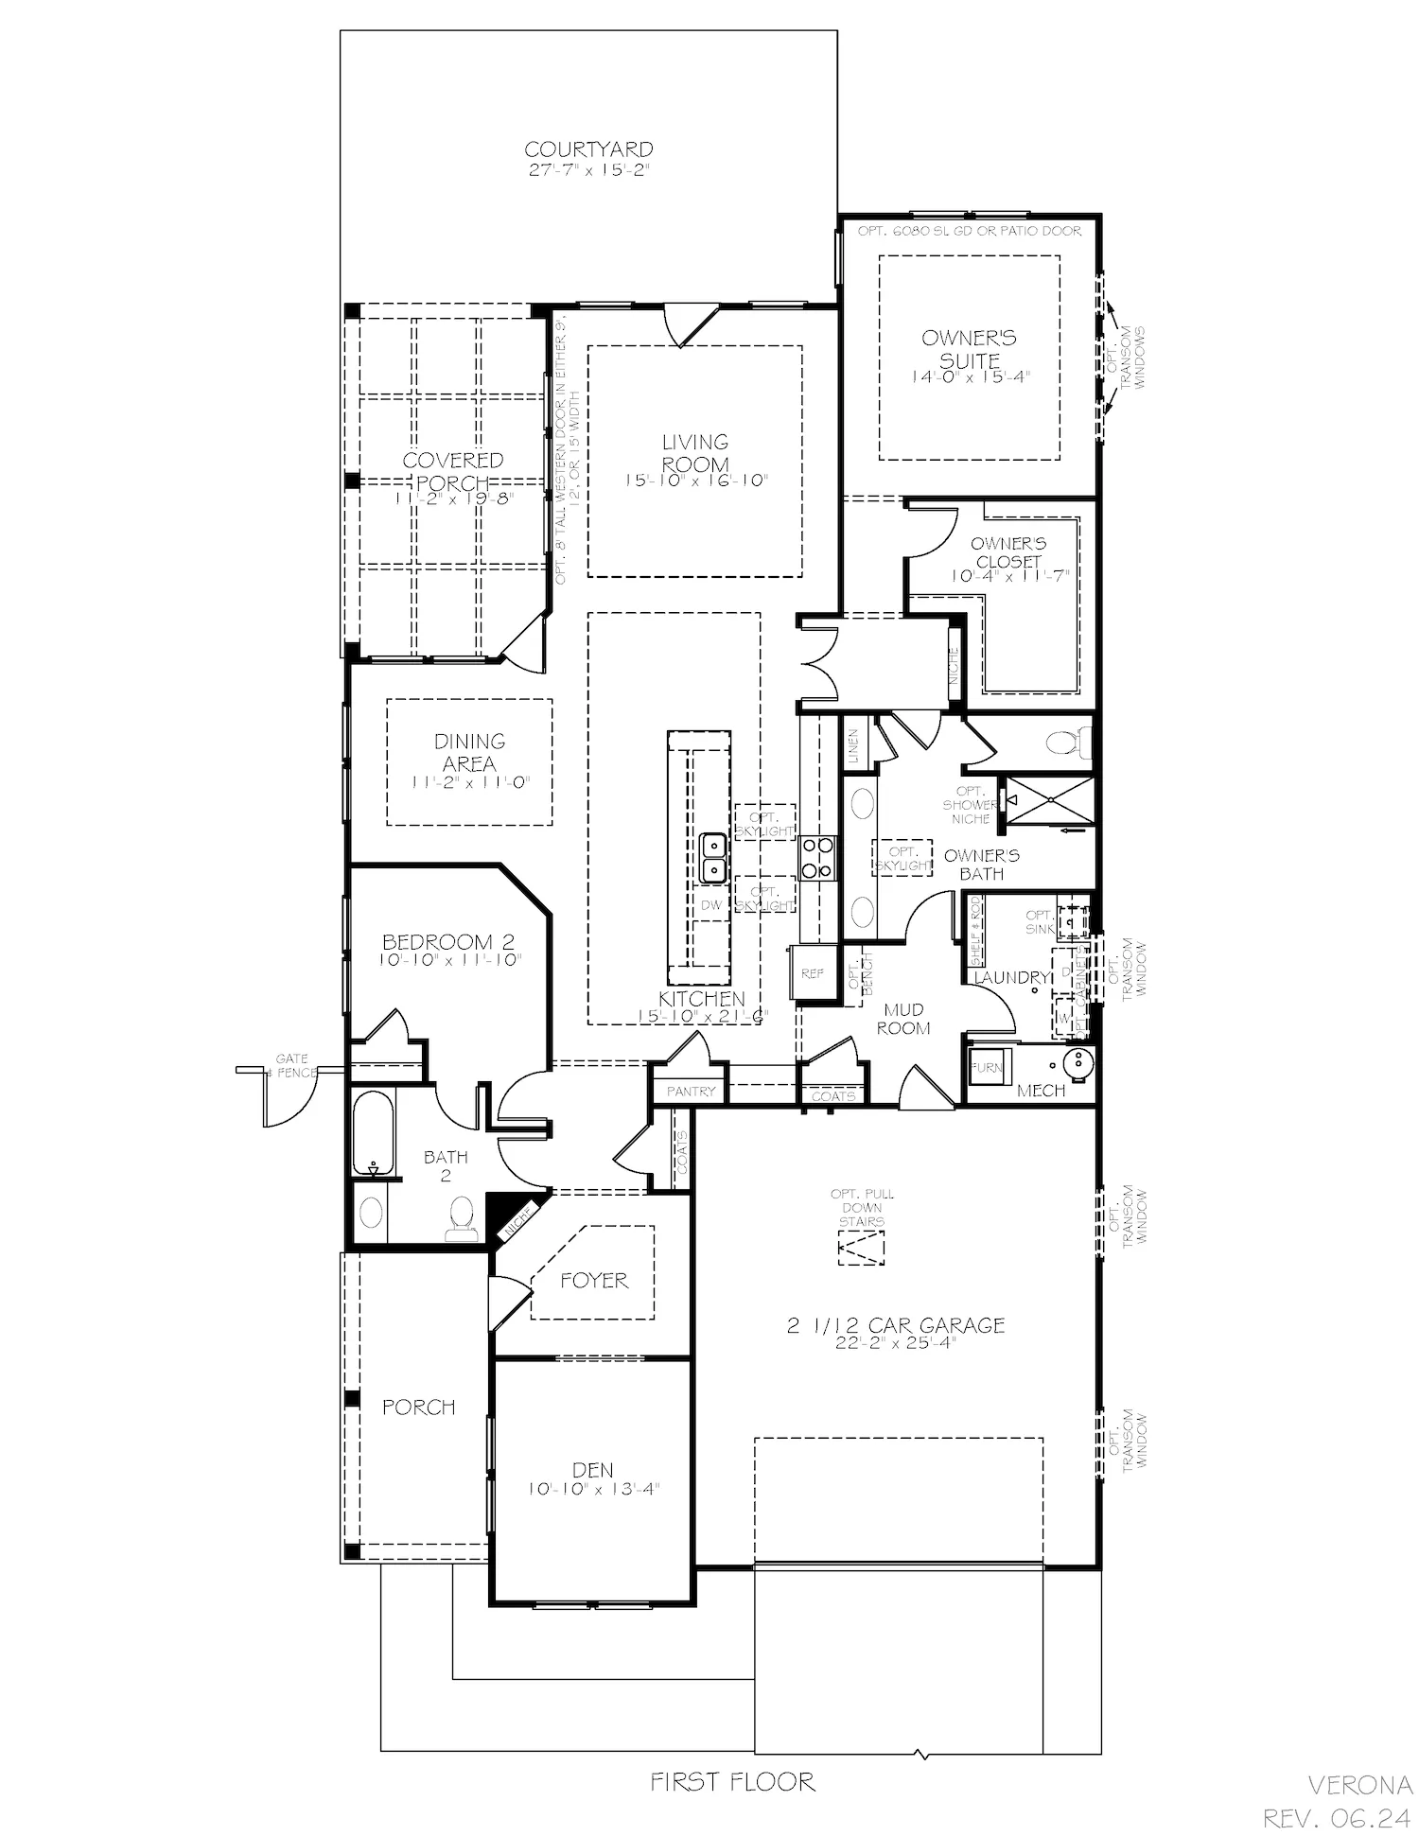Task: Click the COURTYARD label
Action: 588,149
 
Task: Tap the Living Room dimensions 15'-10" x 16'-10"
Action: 695,481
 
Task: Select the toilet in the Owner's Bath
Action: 1067,742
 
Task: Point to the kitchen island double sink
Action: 712,856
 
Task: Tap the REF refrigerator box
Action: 812,972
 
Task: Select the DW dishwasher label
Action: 711,905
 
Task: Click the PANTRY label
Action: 691,1092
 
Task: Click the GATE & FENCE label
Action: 291,1066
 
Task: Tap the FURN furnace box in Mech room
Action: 988,1067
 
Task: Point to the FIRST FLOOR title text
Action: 732,1782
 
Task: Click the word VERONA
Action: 1359,1785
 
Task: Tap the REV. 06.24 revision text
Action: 1338,1817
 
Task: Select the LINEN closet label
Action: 853,745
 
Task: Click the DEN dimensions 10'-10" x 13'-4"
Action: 593,1489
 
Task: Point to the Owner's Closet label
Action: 1008,552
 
